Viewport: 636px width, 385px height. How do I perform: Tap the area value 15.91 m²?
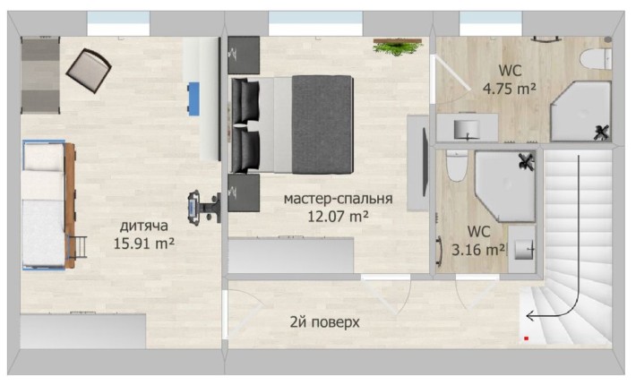point(144,242)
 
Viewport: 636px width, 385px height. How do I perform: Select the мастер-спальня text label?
point(338,199)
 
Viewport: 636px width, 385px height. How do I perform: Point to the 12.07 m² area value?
point(338,216)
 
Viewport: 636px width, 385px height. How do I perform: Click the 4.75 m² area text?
point(508,89)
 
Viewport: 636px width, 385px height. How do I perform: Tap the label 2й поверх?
point(324,321)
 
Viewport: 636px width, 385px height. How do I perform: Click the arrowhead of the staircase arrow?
point(529,315)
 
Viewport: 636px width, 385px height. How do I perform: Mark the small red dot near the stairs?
point(526,338)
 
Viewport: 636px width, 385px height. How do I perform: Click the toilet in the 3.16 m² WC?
point(455,167)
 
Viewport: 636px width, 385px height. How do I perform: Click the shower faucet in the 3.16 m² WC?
point(526,162)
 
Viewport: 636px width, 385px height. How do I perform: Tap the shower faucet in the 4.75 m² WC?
point(601,132)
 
